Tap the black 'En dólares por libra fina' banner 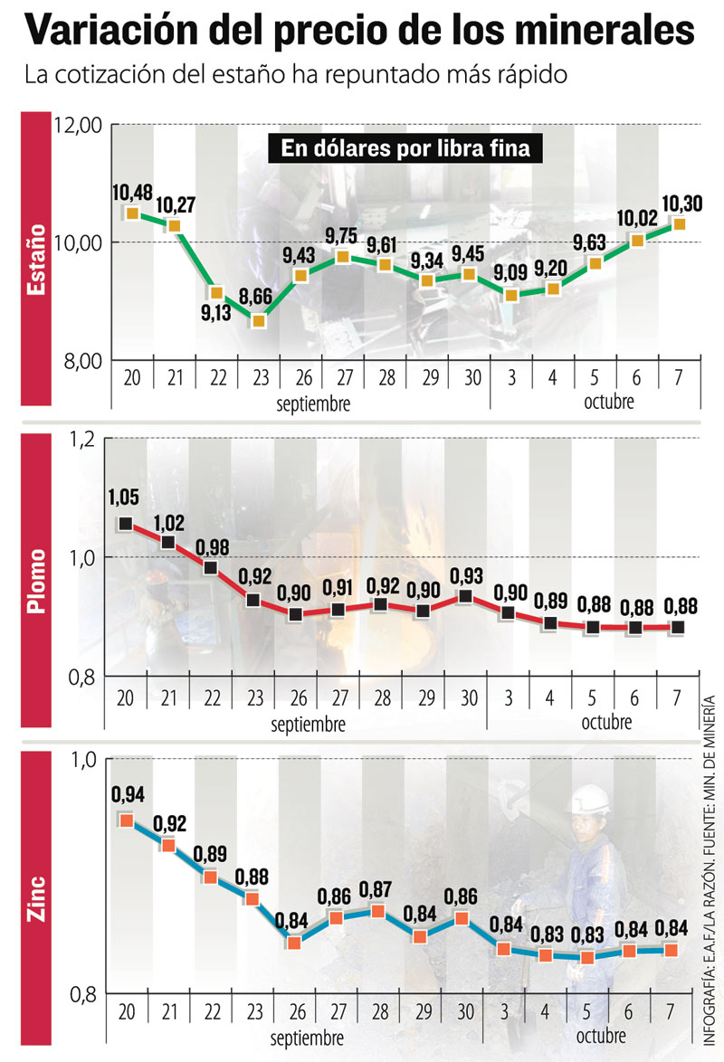tap(405, 148)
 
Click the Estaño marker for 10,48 tap(132, 213)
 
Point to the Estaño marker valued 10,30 tap(678, 223)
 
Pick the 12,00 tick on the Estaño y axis tap(81, 126)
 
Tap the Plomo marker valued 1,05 tap(126, 524)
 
